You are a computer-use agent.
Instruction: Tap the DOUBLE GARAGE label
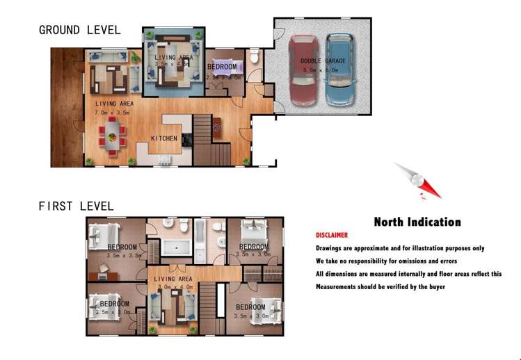320,61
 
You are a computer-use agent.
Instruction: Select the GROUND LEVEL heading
79,30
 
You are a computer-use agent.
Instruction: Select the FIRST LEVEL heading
76,206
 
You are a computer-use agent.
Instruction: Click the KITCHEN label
164,138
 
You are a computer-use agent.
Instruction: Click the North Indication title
417,222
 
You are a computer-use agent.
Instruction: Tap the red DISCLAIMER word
332,236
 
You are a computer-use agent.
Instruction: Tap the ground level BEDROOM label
223,67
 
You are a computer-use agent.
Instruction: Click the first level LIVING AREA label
173,279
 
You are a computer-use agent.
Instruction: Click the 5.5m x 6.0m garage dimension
320,69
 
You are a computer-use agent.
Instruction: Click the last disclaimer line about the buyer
380,287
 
